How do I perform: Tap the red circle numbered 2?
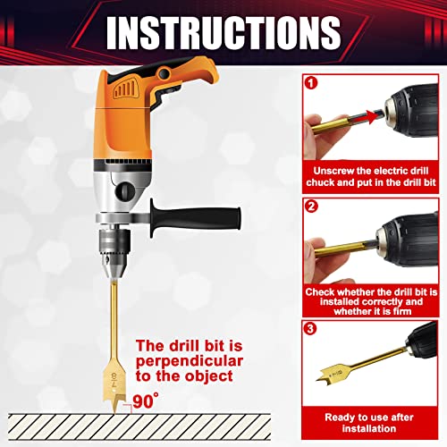(x=310, y=206)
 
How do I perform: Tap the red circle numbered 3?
(x=310, y=328)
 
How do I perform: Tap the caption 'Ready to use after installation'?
(x=369, y=422)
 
